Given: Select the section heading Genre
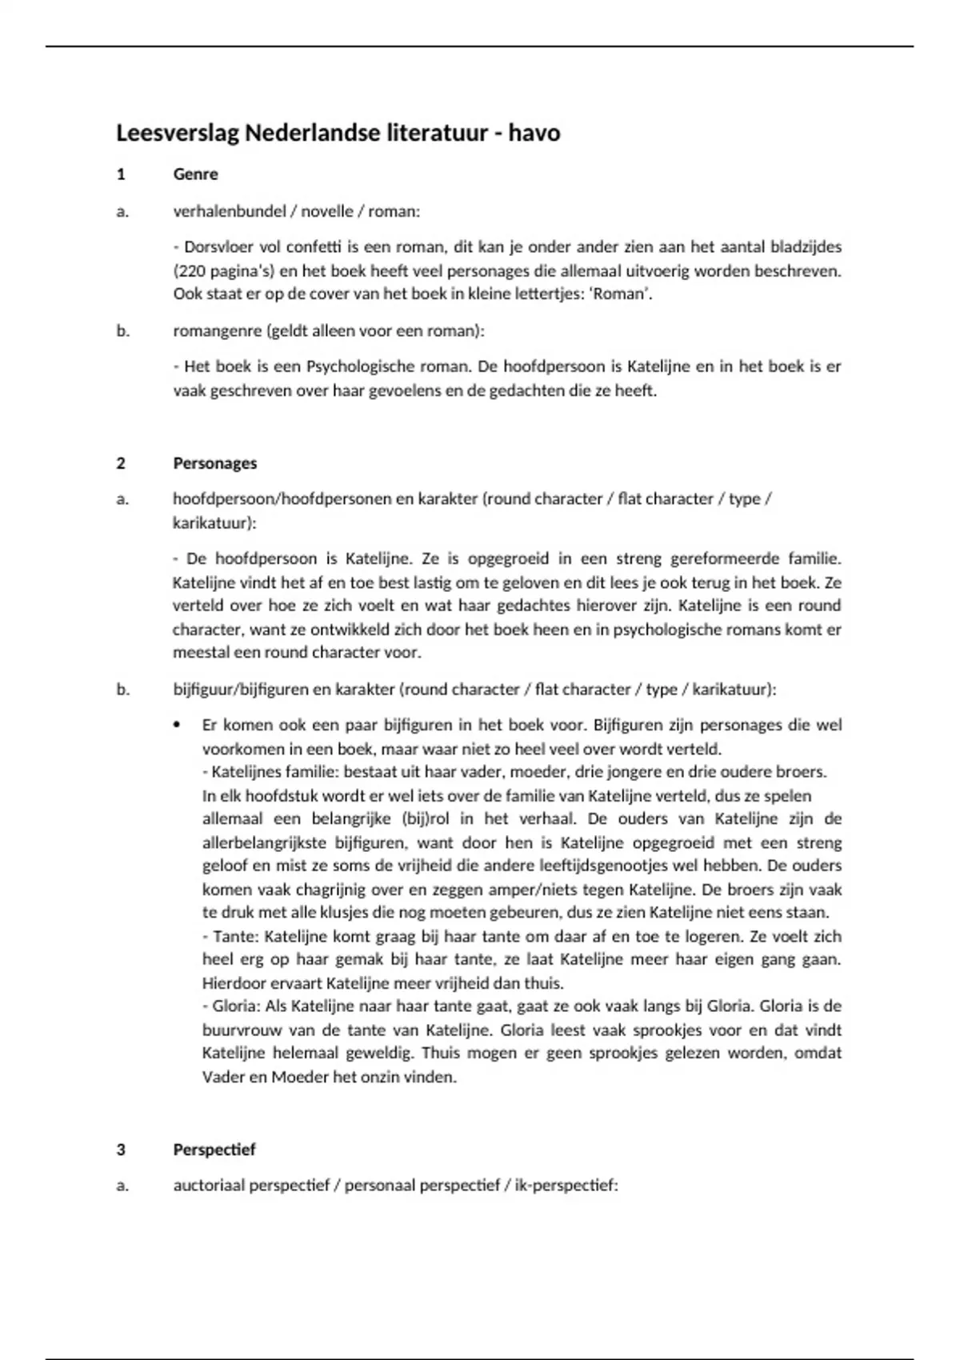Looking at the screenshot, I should pyautogui.click(x=195, y=174).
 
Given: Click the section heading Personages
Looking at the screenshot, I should pyautogui.click(x=214, y=463).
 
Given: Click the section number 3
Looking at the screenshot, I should pyautogui.click(x=121, y=1150).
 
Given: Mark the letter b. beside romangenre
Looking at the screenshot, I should pyautogui.click(x=122, y=330).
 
